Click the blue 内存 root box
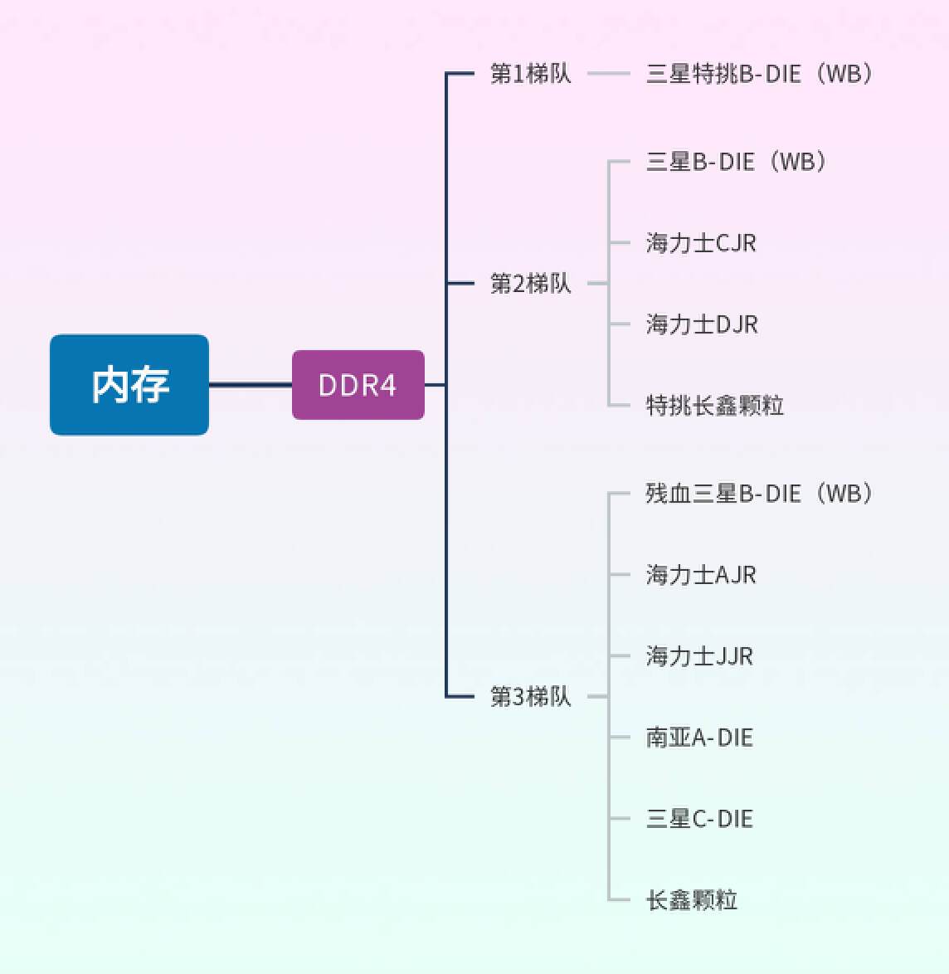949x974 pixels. pyautogui.click(x=129, y=385)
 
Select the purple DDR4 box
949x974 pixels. pyautogui.click(x=358, y=385)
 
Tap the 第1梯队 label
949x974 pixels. pyautogui.click(x=531, y=74)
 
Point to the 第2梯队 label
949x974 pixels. pyautogui.click(x=531, y=284)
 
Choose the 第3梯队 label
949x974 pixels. pyautogui.click(x=531, y=696)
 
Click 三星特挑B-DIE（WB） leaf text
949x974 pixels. pyautogui.click(x=759, y=74)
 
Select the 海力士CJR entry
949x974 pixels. pyautogui.click(x=701, y=243)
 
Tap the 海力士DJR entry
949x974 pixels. pyautogui.click(x=702, y=324)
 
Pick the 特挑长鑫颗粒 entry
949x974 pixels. pyautogui.click(x=714, y=406)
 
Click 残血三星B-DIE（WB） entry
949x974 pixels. pyautogui.click(x=759, y=494)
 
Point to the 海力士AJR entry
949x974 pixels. pyautogui.click(x=701, y=575)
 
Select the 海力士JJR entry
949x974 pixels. pyautogui.click(x=699, y=656)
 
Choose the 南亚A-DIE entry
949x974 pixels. pyautogui.click(x=699, y=738)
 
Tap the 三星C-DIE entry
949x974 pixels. pyautogui.click(x=699, y=819)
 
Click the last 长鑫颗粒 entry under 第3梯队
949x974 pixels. pyautogui.click(x=692, y=900)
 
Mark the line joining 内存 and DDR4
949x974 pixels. pyautogui.click(x=250, y=385)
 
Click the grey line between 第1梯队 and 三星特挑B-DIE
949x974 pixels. pyautogui.click(x=609, y=74)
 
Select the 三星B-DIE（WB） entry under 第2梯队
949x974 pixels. pyautogui.click(x=736, y=162)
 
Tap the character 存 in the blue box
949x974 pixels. pyautogui.click(x=150, y=385)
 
